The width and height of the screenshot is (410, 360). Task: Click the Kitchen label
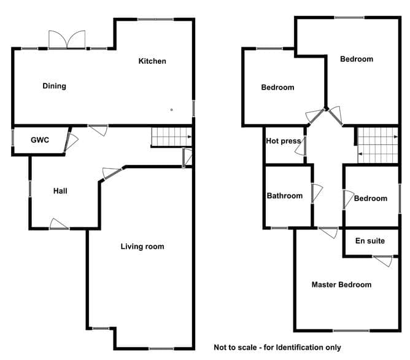pyautogui.click(x=152, y=61)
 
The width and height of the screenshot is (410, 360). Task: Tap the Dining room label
pyautogui.click(x=55, y=86)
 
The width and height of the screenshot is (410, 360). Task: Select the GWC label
pyautogui.click(x=40, y=140)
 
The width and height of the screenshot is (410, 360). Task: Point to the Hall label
pyautogui.click(x=60, y=191)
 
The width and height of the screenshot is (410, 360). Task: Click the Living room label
pyautogui.click(x=142, y=247)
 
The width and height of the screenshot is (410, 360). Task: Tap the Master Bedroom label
pyautogui.click(x=341, y=285)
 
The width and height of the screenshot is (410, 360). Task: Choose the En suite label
pyautogui.click(x=370, y=240)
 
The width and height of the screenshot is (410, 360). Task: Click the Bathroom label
pyautogui.click(x=285, y=196)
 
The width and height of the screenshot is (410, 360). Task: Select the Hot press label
pyautogui.click(x=283, y=141)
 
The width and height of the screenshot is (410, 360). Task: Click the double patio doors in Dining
pyautogui.click(x=67, y=40)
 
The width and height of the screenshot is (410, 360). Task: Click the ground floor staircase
pyautogui.click(x=171, y=137)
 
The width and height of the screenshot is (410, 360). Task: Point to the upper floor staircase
pyautogui.click(x=378, y=145)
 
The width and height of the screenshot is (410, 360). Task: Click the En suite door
pyautogui.click(x=382, y=261)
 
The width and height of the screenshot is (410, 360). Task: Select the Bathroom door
pyautogui.click(x=317, y=193)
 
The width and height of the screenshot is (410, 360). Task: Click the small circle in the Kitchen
pyautogui.click(x=171, y=110)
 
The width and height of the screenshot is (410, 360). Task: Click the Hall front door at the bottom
pyautogui.click(x=59, y=224)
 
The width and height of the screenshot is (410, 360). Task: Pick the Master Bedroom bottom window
pyautogui.click(x=352, y=331)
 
